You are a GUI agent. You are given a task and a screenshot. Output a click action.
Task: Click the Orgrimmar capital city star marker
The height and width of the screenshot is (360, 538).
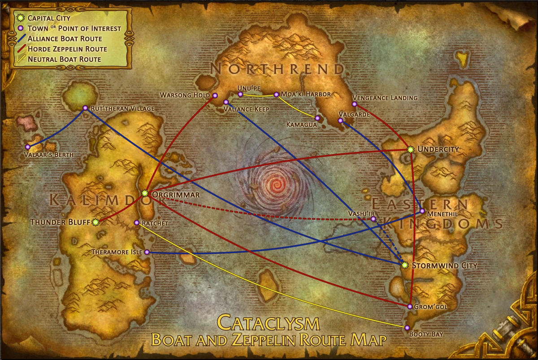click(145, 193)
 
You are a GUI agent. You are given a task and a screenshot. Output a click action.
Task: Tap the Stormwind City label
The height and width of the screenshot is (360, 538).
click(444, 265)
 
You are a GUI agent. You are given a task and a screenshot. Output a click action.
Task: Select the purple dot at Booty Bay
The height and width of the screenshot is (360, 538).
click(407, 328)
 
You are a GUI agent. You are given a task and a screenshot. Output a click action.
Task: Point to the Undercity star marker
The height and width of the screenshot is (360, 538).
click(410, 148)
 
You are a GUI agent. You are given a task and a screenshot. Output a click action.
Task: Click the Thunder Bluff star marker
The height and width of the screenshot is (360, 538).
click(95, 222)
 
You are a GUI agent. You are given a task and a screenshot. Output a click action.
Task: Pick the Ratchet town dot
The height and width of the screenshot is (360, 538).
click(137, 223)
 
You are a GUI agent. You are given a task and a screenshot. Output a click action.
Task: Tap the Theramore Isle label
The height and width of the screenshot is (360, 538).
click(116, 252)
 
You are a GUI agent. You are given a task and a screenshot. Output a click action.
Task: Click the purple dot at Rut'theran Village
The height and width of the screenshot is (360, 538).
click(85, 108)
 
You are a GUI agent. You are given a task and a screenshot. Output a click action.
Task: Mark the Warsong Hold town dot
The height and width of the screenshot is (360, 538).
click(215, 95)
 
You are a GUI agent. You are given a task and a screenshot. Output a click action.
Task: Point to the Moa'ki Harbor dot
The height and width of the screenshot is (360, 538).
click(276, 95)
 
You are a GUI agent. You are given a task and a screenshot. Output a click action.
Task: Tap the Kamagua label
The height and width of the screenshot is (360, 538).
click(298, 125)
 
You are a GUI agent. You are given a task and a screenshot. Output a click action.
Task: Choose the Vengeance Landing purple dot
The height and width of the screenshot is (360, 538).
click(354, 104)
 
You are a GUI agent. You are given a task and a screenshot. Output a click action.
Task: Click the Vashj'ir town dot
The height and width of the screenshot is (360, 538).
click(373, 219)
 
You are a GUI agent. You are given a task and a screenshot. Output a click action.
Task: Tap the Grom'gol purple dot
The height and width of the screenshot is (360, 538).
click(410, 307)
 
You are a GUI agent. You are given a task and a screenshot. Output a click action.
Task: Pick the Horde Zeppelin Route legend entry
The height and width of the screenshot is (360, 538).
click(67, 49)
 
